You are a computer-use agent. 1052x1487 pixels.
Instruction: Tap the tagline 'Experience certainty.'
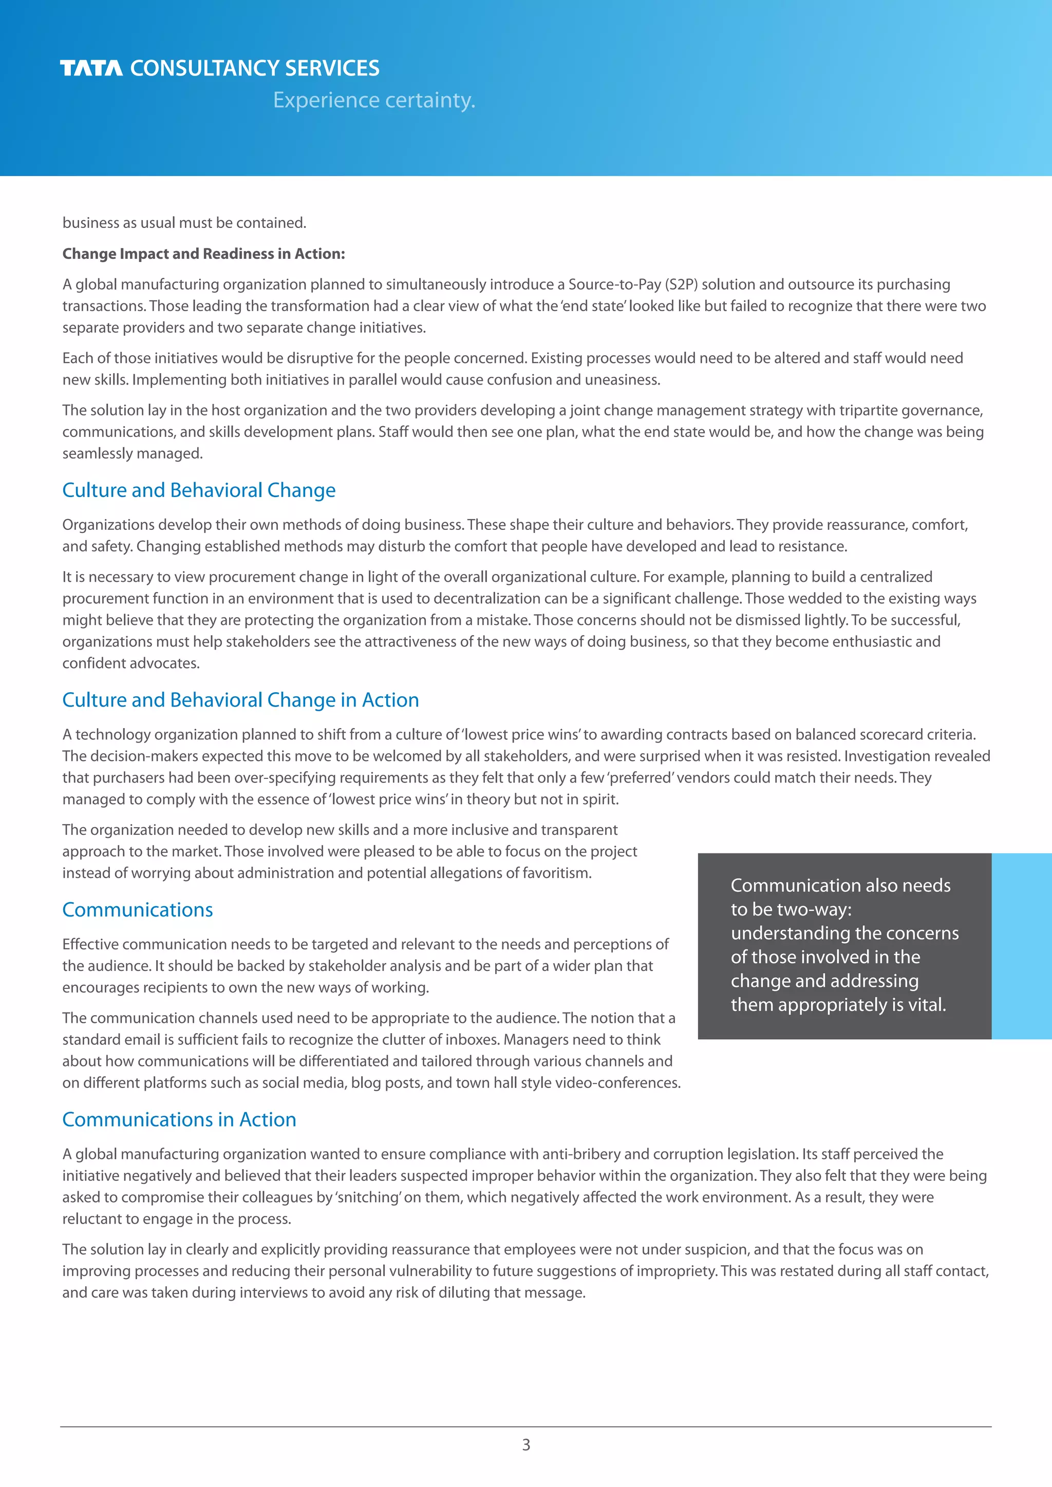click(x=374, y=100)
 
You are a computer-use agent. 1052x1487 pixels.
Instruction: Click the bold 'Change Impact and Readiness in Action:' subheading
click(x=203, y=254)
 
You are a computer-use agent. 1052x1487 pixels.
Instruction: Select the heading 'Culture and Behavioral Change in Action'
click(x=240, y=700)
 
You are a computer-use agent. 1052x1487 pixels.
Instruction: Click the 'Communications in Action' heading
click(x=179, y=1120)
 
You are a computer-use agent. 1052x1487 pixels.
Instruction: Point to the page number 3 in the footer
click(x=526, y=1445)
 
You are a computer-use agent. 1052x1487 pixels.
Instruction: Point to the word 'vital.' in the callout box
click(x=925, y=1005)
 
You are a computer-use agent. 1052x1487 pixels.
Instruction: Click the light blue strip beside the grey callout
click(x=1022, y=946)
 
